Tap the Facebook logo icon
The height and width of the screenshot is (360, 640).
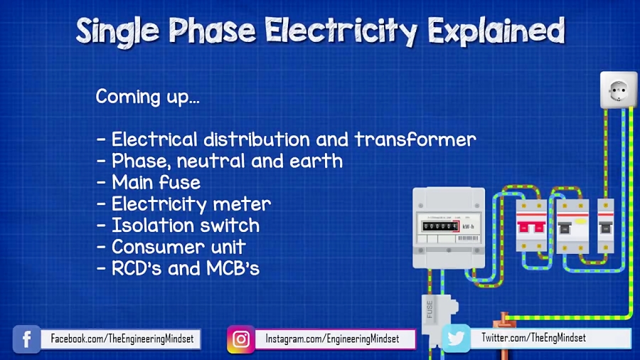coord(26,339)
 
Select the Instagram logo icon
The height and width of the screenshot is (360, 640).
coord(241,339)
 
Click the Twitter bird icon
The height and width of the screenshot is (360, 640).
coord(455,339)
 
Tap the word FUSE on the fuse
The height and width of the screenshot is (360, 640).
coord(430,309)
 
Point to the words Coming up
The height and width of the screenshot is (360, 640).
coord(147,97)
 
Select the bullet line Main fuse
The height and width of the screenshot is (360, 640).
coord(149,183)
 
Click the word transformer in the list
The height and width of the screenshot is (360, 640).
coord(415,139)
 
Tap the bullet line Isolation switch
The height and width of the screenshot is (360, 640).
coord(178,226)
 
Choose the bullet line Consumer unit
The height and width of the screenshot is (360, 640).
coord(171,247)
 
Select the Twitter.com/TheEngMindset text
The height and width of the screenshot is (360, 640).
coord(533,338)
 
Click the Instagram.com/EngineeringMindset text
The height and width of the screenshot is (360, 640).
coord(332,339)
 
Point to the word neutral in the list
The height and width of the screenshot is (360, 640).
coord(213,162)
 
